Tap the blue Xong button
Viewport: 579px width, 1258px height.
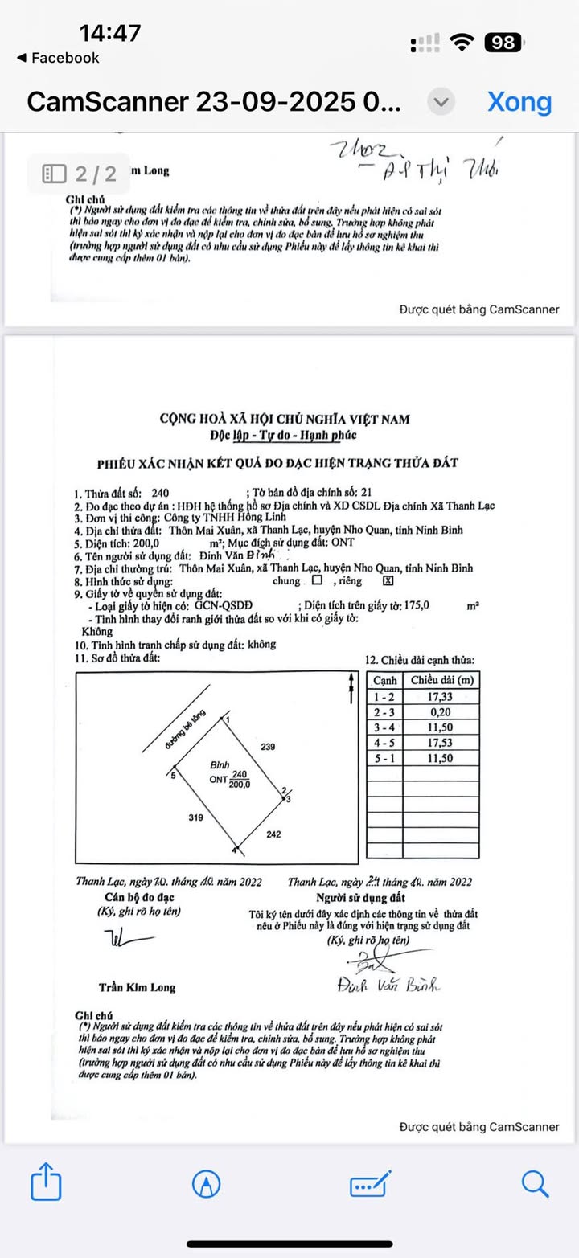coord(519,102)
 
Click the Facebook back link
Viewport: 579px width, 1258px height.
coord(58,58)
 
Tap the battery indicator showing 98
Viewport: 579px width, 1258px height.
coord(504,43)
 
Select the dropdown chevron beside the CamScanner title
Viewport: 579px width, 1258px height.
coord(440,102)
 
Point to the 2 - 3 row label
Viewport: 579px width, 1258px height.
coord(384,711)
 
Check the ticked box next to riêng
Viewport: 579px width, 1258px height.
coord(388,581)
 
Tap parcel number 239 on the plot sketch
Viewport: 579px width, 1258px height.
coord(268,747)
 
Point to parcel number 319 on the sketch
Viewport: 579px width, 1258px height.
coord(195,817)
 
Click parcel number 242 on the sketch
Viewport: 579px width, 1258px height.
coord(273,834)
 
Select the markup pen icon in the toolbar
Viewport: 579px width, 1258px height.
coord(207,1183)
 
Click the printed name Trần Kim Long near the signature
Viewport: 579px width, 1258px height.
coord(137,987)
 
